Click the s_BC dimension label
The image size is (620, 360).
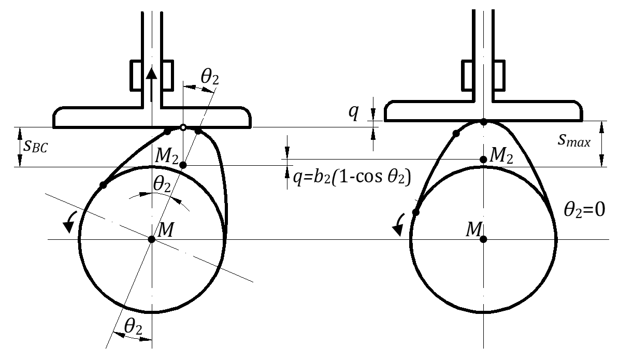[35, 147]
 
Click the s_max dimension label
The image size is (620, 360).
[574, 140]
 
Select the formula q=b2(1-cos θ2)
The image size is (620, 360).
[352, 177]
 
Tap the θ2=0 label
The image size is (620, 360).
[584, 210]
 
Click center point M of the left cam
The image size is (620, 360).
[151, 239]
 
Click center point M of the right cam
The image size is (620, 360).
[483, 239]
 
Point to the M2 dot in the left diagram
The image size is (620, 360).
[183, 165]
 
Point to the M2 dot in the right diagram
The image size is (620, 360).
[483, 160]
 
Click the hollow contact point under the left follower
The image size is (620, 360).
[183, 127]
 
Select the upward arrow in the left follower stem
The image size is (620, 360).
[151, 84]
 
